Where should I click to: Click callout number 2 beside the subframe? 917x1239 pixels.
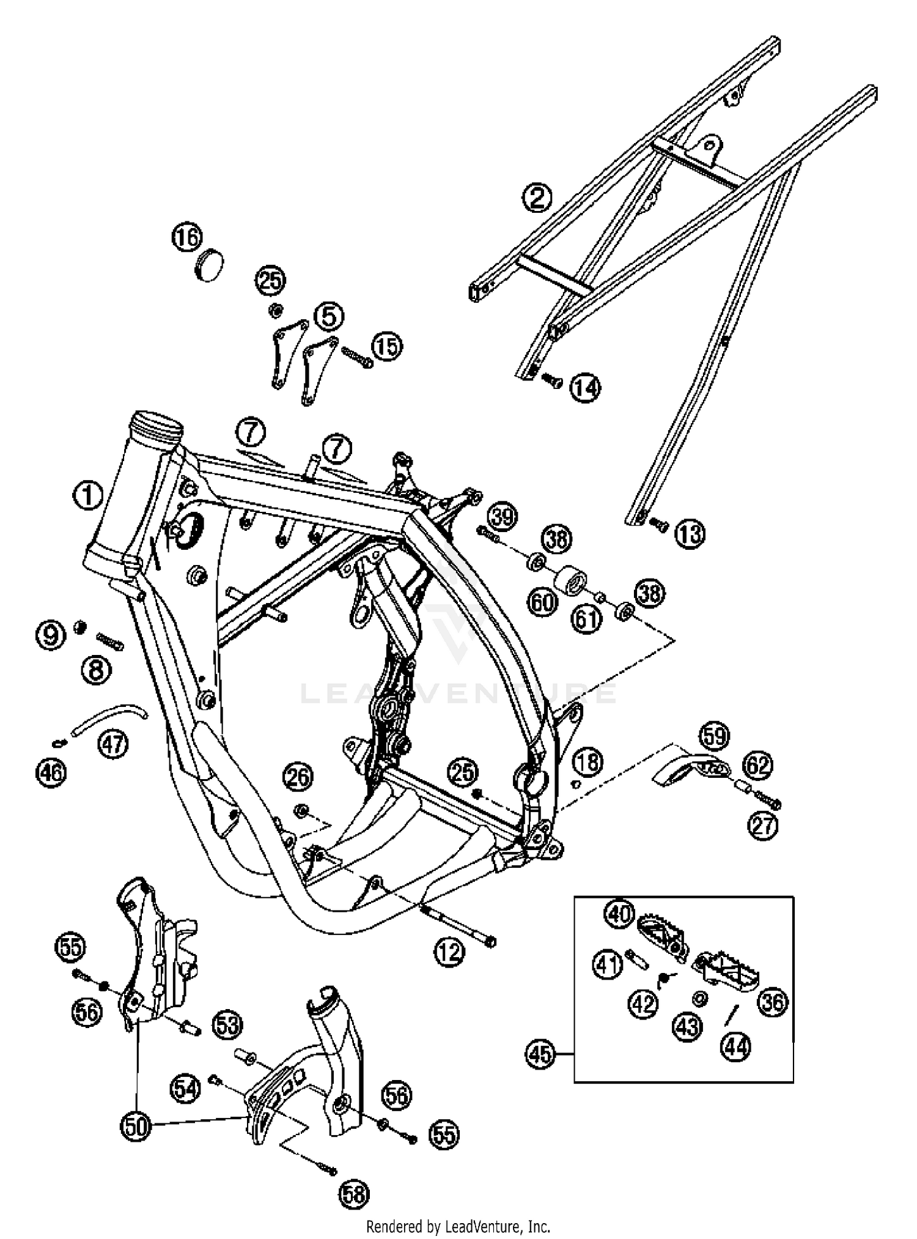point(537,198)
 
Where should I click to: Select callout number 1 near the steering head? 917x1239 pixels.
point(88,495)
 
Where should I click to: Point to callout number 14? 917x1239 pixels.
point(586,387)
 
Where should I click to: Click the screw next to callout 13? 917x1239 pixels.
point(658,524)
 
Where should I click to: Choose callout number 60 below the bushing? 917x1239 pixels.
point(543,602)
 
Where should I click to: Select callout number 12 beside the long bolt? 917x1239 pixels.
point(450,952)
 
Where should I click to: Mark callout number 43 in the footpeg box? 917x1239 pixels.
point(687,1027)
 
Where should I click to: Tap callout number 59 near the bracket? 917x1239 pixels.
point(714,736)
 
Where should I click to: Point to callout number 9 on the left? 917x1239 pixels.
point(50,635)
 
